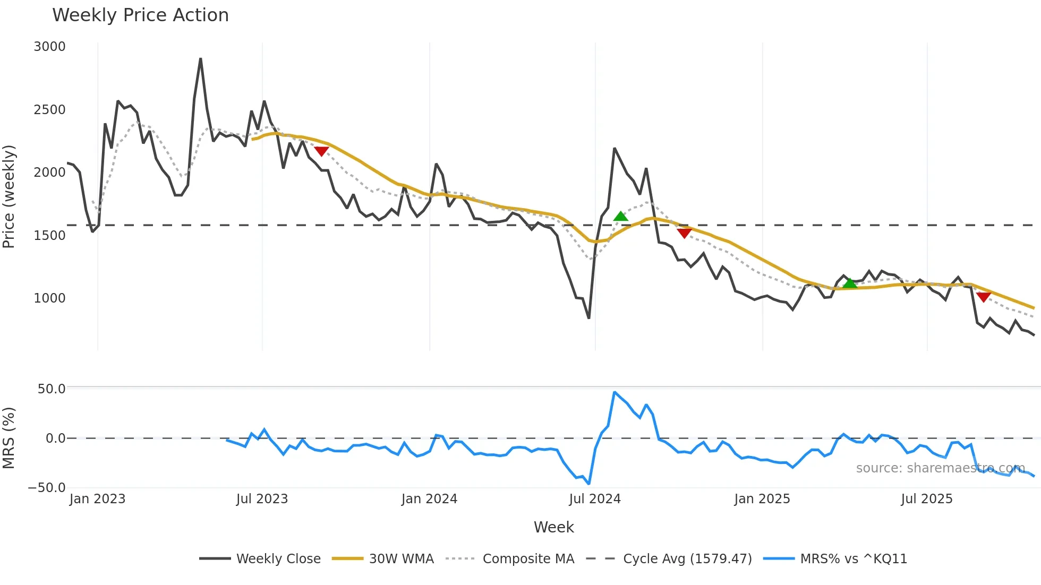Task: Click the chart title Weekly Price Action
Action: (140, 15)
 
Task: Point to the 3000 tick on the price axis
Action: (49, 47)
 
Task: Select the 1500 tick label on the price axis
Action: (49, 235)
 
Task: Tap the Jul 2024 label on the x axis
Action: (594, 499)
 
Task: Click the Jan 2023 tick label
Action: (97, 499)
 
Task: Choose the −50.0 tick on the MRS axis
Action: (47, 487)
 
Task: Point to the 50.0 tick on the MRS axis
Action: (52, 389)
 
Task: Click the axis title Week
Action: (553, 527)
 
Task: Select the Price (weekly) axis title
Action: (9, 196)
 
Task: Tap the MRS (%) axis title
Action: (9, 438)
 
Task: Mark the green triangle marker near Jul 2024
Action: (620, 216)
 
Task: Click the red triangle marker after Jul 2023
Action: (321, 151)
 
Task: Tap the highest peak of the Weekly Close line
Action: (200, 59)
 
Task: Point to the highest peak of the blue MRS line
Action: (615, 392)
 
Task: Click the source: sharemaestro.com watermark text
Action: (940, 468)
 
